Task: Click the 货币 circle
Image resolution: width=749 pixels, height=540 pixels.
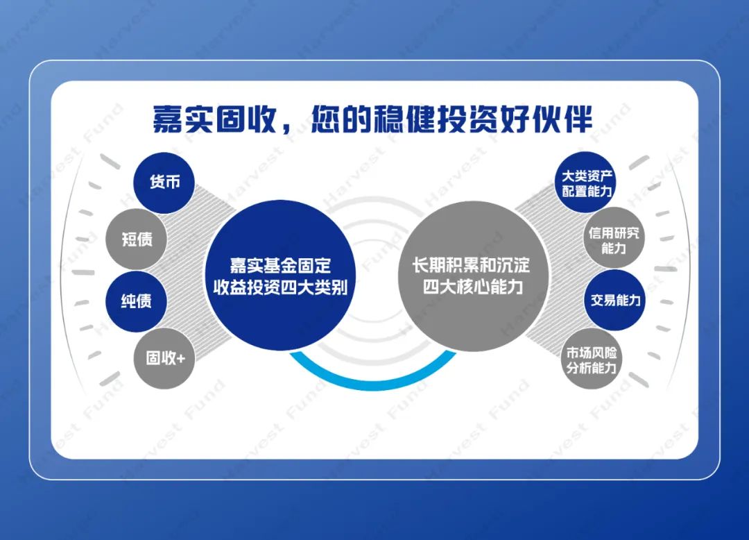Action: pos(164,183)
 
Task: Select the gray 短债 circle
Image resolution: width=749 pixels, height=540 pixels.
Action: pos(136,239)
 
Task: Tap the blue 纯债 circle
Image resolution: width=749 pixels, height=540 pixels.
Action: pos(136,301)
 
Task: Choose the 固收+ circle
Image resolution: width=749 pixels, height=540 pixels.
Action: pos(165,358)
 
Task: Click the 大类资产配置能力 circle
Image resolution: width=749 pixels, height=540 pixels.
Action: pos(586,183)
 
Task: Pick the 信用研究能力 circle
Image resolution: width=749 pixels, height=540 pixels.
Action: pos(614,238)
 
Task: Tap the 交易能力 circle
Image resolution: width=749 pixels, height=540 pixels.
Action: pos(614,300)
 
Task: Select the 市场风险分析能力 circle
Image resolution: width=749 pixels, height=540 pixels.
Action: pos(592,360)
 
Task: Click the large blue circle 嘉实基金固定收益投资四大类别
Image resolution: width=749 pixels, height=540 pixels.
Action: pos(280,276)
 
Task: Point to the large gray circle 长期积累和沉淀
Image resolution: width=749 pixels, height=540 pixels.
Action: pos(472,276)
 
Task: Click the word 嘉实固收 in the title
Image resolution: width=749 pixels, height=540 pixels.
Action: pos(215,119)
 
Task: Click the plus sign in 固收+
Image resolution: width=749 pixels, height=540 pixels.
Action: pos(180,358)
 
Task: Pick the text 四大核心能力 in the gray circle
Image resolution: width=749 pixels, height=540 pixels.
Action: pos(473,287)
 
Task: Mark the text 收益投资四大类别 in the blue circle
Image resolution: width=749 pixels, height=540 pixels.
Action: pos(280,287)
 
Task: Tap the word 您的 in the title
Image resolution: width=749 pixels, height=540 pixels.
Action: pos(341,119)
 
